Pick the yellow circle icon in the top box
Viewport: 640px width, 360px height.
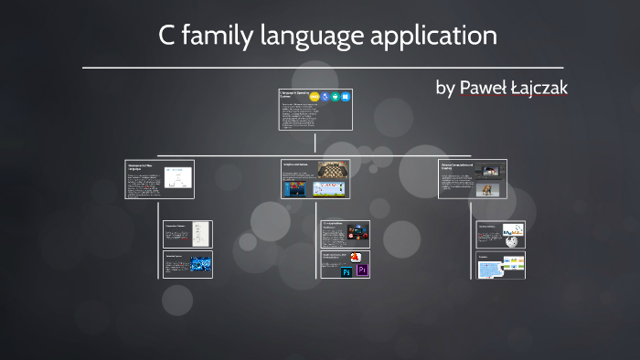click(x=315, y=96)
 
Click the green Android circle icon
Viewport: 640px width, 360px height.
click(x=336, y=96)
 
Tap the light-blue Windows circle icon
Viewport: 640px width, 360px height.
click(x=347, y=96)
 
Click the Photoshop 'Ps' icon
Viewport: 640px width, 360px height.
click(x=347, y=271)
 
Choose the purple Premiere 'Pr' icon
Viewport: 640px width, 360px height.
click(x=361, y=271)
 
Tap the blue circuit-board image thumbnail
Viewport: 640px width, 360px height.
click(x=200, y=265)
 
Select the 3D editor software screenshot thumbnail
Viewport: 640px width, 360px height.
click(x=490, y=170)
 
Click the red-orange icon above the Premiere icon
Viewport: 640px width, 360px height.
click(x=356, y=258)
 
